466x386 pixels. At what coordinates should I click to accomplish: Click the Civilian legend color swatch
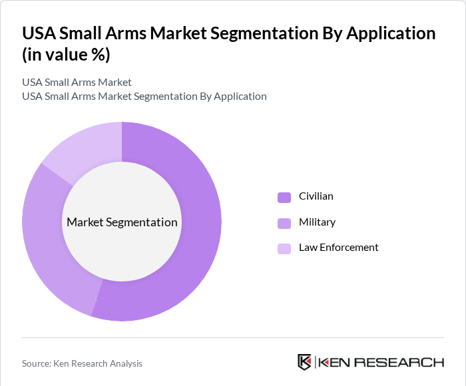(284, 197)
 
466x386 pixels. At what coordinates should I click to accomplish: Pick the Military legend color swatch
(284, 222)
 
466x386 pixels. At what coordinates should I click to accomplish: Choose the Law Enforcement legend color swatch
(284, 248)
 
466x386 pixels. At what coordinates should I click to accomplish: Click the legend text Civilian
(316, 196)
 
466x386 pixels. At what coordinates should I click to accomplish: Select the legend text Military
(317, 222)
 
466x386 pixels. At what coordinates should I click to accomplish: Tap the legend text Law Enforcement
(338, 248)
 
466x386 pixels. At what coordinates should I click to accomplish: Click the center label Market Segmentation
(122, 222)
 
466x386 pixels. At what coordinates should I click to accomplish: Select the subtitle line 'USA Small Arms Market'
(77, 83)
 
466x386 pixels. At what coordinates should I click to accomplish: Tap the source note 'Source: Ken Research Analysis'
(82, 363)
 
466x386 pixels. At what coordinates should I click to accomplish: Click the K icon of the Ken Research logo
(304, 362)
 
